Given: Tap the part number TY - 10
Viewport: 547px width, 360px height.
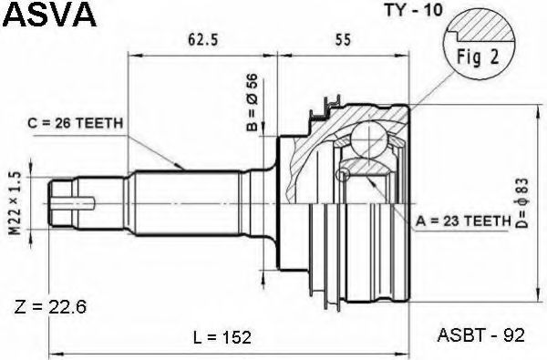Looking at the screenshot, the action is click(x=413, y=10).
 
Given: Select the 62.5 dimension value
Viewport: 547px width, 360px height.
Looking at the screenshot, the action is click(x=202, y=40).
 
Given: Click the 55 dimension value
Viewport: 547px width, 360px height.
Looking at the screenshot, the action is click(x=343, y=40).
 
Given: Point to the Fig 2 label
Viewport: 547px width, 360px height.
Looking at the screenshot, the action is click(x=478, y=57).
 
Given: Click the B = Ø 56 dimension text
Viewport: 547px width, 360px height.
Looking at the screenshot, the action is click(x=252, y=102).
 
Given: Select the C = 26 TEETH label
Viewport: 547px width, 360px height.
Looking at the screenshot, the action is click(x=76, y=123).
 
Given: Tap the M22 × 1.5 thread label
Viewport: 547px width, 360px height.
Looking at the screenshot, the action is click(x=16, y=205).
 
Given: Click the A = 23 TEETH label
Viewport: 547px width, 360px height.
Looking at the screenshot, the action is click(x=463, y=221).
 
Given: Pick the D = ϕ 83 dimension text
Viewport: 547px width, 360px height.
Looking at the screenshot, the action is click(x=522, y=203).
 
